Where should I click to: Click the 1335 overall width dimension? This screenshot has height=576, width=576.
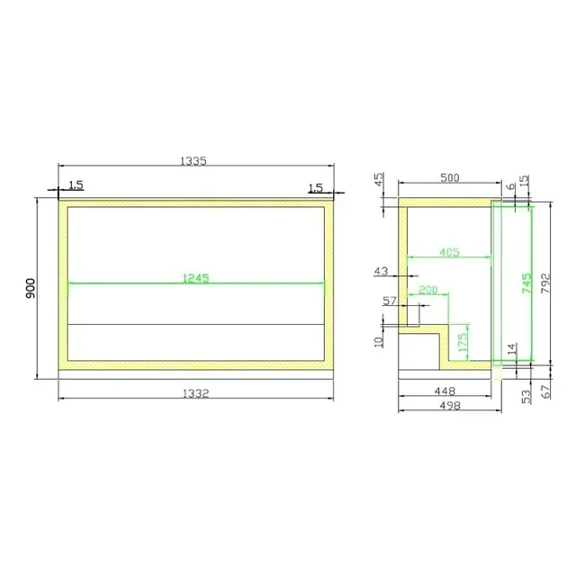coord(193,161)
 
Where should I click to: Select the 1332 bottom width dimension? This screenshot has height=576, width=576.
coord(196,394)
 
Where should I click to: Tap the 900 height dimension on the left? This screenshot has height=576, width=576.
coord(31,288)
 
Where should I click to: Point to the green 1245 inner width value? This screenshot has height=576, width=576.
coord(196,278)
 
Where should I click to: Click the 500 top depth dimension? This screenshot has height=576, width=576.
coord(450,178)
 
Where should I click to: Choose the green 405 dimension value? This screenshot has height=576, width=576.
coord(449,252)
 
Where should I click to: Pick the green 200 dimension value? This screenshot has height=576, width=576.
coord(428,290)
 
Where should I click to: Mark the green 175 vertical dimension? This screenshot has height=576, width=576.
coord(463,342)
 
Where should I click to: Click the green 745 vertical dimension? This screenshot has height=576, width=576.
coord(526,283)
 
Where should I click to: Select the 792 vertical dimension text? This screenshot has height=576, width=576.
coord(545,283)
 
